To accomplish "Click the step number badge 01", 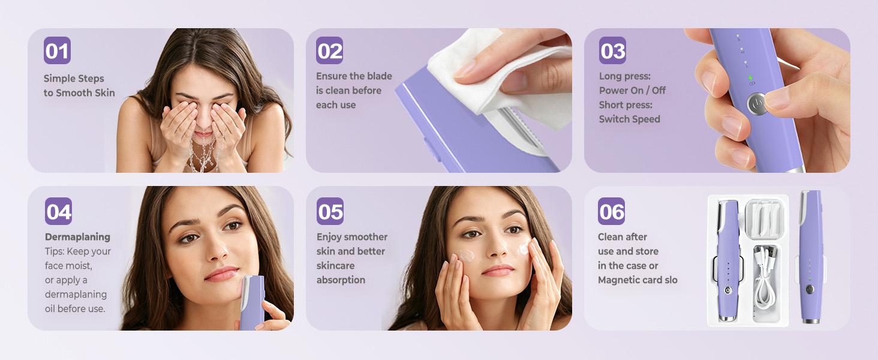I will pos(57,50).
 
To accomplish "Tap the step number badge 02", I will pos(330,50).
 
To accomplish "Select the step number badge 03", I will pos(612,50).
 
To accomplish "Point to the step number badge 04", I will pos(58,211).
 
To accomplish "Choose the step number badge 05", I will pos(330,211).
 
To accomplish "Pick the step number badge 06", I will pos(611,211).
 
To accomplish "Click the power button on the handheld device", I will pos(757,104).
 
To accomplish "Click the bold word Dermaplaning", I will pos(77,237).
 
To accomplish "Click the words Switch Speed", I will pos(629,119).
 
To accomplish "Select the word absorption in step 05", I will pos(341,280).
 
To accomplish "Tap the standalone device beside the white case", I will pos(810,258).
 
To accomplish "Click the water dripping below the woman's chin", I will pos(202,156).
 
